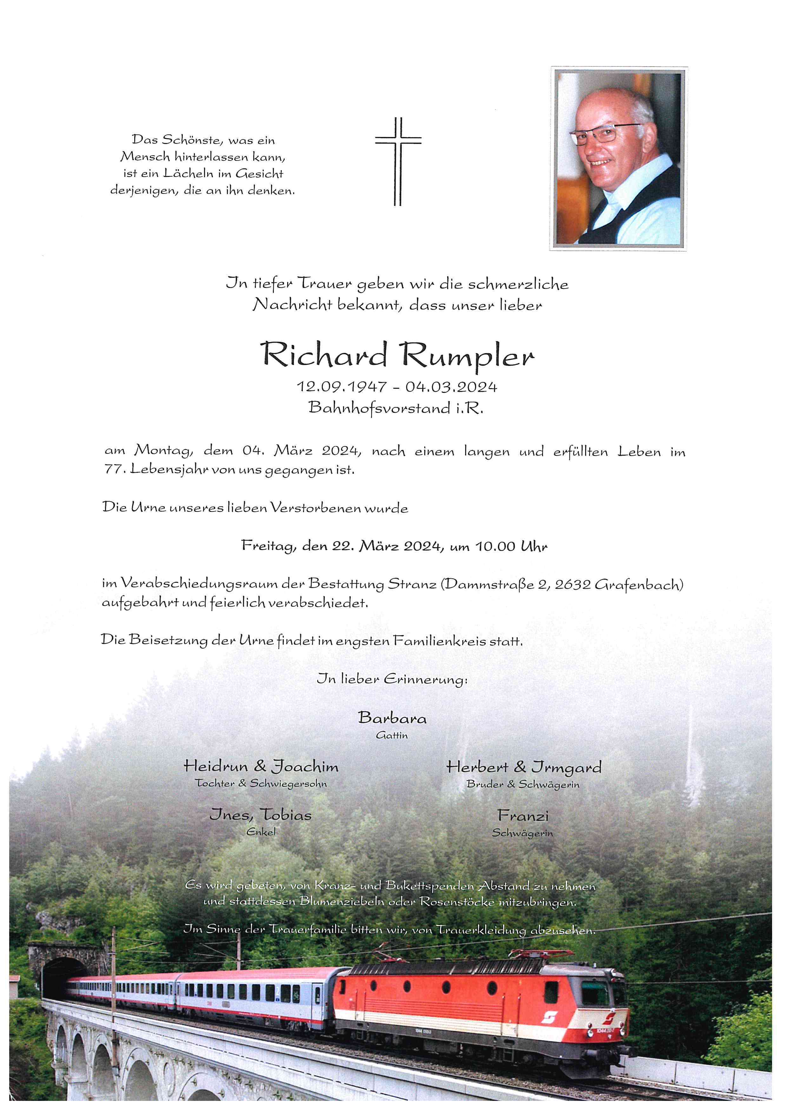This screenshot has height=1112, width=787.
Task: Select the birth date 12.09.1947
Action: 342,387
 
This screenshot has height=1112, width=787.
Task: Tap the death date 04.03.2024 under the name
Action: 452,387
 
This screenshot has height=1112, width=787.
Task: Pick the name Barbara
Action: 392,718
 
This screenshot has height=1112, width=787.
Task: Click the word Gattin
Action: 392,735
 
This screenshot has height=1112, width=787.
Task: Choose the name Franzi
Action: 522,816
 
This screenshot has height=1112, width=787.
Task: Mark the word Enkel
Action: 261,832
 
